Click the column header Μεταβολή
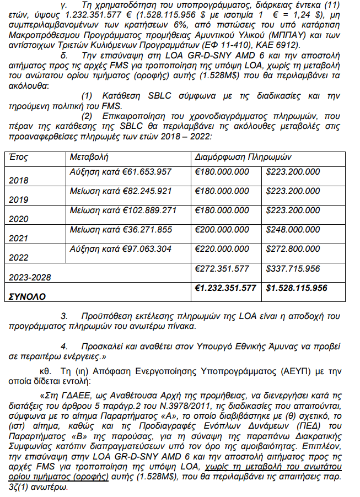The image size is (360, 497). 89,157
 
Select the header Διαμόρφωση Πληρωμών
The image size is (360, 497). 244,157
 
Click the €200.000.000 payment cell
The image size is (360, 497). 222,229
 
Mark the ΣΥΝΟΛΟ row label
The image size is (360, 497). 27,296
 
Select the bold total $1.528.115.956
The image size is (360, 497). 296,288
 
